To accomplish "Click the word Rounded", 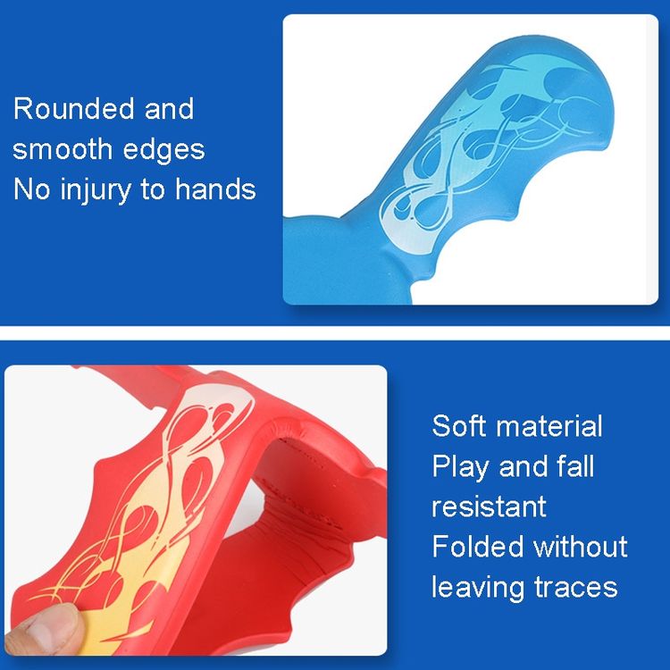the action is pos(74,108).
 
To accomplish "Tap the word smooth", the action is pos(63,148).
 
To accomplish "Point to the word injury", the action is pos(96,190).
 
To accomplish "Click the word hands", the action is pos(216,188).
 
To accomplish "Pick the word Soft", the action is pos(458,425).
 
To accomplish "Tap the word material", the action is pos(549,425).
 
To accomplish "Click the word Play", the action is pos(460,467).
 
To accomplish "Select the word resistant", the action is pos(489,507).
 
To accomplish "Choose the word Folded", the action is pos(478,546).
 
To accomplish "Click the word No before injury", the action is pos(33,188).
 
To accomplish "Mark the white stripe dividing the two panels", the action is pos(335,333).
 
